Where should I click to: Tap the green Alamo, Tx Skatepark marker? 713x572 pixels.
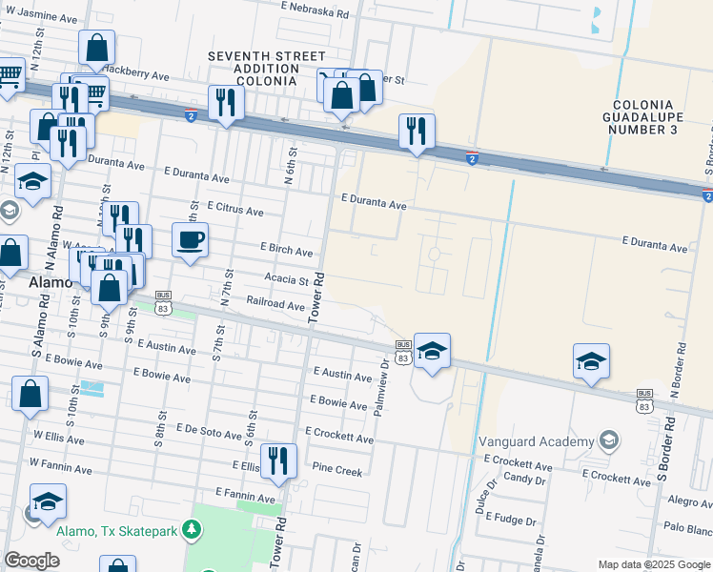(x=192, y=528)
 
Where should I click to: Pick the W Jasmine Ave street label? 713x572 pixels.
(x=41, y=18)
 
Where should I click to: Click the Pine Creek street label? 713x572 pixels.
(x=337, y=470)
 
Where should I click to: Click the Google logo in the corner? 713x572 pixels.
(x=31, y=561)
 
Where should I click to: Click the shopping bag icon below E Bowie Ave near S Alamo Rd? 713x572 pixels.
(x=31, y=392)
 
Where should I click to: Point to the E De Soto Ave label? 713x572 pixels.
(x=207, y=434)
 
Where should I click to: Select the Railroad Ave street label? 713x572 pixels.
(x=275, y=306)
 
